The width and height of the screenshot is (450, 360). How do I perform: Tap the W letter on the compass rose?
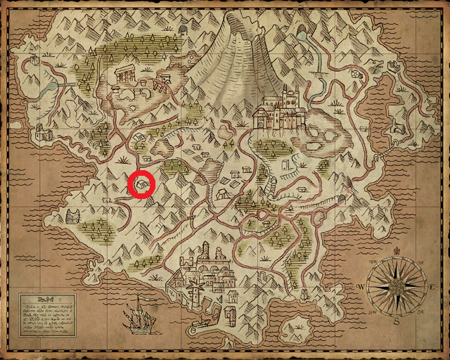pyautogui.click(x=360, y=287)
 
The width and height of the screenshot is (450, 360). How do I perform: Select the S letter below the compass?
pyautogui.click(x=397, y=322)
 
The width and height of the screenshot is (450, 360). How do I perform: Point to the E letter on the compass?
pyautogui.click(x=431, y=288)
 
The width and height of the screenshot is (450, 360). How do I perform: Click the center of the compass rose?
pyautogui.click(x=397, y=287)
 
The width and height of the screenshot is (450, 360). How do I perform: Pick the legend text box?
pyautogui.click(x=47, y=314)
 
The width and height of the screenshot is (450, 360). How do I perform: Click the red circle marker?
pyautogui.click(x=143, y=184)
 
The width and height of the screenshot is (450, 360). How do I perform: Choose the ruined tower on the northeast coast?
pyautogui.click(x=395, y=67)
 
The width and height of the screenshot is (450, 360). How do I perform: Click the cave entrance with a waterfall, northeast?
pyautogui.click(x=302, y=33)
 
